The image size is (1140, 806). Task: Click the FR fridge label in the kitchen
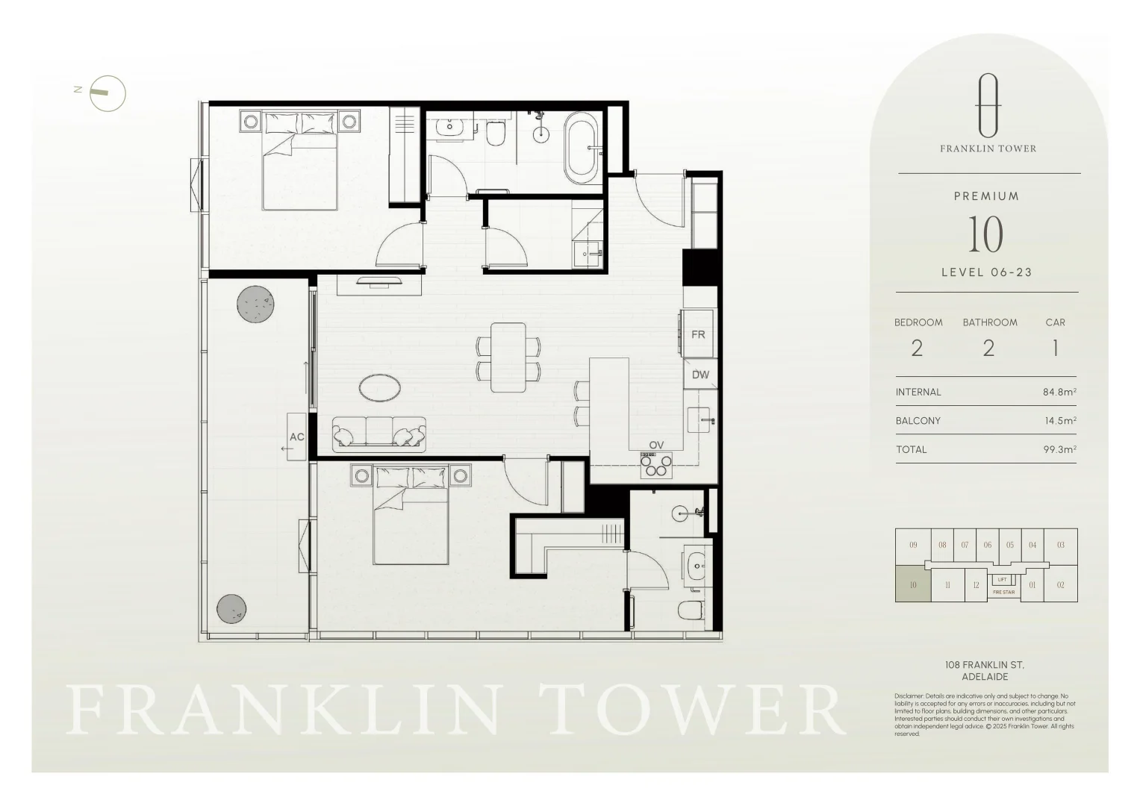[698, 335]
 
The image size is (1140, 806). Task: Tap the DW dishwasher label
[700, 375]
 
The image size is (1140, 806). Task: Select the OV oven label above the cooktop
[656, 446]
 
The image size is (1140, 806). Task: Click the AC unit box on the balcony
[296, 437]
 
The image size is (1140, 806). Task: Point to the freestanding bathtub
[581, 149]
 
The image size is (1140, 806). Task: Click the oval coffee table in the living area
[380, 387]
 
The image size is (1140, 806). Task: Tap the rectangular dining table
[508, 357]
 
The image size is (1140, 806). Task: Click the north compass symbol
[107, 94]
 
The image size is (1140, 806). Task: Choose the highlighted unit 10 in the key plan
[913, 584]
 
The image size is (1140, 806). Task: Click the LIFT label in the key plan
[1002, 580]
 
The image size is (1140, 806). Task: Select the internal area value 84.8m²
[1059, 392]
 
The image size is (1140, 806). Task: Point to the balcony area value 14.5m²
[1060, 421]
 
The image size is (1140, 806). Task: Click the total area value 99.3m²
[1059, 449]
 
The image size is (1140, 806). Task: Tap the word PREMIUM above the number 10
[986, 196]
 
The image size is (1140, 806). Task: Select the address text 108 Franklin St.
[985, 665]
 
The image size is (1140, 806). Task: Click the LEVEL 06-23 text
[986, 272]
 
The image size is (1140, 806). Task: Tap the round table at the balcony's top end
[255, 304]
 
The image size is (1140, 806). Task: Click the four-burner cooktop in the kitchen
[656, 466]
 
